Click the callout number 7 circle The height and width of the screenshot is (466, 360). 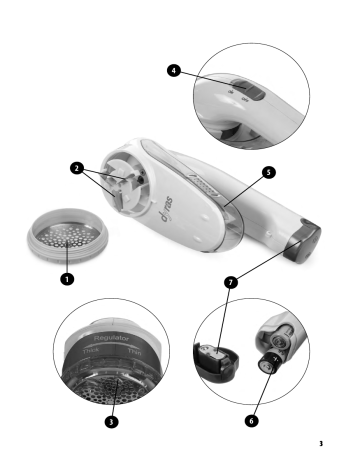click(231, 283)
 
